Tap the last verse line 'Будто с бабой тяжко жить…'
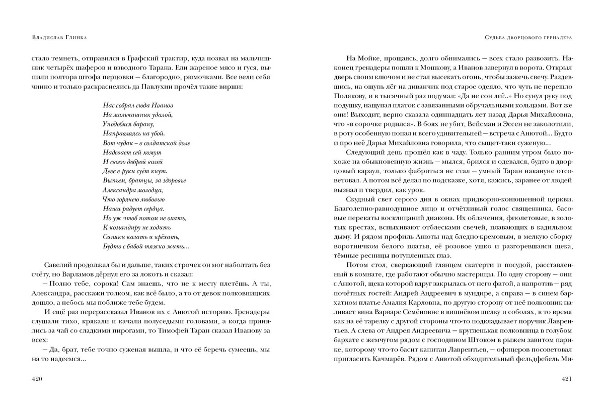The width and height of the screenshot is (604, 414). point(145,247)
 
